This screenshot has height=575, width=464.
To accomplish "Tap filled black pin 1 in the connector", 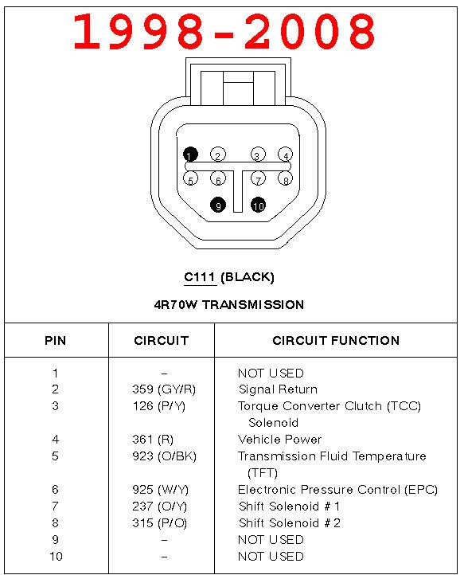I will [x=190, y=155].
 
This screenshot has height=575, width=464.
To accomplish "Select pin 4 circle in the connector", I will [x=285, y=155].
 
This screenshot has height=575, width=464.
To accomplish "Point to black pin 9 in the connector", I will [x=217, y=205].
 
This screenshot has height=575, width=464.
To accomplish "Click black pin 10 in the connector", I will [x=258, y=205].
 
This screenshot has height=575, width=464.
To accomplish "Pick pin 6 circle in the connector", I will [x=217, y=180].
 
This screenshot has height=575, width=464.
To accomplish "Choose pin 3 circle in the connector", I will [x=258, y=155].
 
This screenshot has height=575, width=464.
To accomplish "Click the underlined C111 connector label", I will [x=200, y=277].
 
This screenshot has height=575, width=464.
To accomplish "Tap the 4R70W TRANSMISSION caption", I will [x=229, y=304].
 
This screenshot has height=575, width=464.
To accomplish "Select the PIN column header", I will [x=55, y=341].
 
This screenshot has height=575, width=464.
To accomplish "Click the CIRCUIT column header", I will [x=161, y=341].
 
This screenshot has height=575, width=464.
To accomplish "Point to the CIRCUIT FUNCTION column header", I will [x=336, y=341].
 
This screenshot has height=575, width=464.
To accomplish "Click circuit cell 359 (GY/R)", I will [x=163, y=389].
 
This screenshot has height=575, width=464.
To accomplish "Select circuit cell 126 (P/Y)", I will [x=159, y=406].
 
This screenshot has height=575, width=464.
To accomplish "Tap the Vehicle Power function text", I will [x=280, y=440].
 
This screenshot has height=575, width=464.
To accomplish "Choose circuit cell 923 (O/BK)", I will [x=164, y=456].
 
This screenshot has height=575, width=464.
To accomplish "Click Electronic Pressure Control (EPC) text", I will [x=337, y=490].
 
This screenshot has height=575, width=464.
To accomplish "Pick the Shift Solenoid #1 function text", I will [x=290, y=507].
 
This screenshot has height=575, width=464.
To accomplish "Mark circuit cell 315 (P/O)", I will [x=159, y=523].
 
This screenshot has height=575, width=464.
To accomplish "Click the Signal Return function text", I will [x=278, y=389].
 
